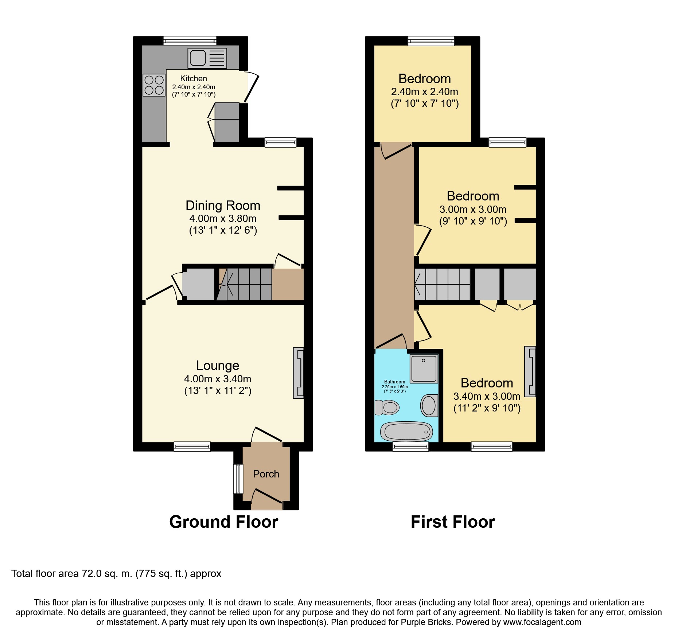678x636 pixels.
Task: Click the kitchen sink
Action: click(207, 58)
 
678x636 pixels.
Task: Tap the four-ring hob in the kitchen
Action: click(154, 85)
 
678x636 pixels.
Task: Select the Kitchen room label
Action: click(194, 78)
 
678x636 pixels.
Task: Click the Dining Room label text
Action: click(223, 206)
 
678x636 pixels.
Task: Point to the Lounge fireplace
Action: click(298, 373)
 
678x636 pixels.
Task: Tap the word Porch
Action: click(266, 474)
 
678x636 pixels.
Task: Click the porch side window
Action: click(238, 479)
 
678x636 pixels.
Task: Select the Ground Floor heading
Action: click(223, 522)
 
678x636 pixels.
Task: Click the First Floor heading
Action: click(453, 522)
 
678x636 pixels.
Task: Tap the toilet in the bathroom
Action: click(387, 407)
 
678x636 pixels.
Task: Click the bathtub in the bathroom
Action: click(406, 432)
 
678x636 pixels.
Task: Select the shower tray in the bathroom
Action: click(424, 368)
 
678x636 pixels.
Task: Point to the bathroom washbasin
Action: click(429, 405)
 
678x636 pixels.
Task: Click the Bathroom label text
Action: click(395, 382)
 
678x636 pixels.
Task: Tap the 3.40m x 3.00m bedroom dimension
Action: click(487, 396)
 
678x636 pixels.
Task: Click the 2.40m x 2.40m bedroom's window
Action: click(431, 41)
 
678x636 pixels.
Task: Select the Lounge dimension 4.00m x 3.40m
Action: click(218, 379)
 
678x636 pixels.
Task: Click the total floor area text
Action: click(116, 574)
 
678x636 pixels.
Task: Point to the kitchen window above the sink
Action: click(190, 40)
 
